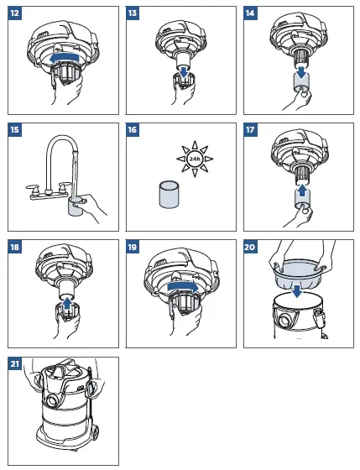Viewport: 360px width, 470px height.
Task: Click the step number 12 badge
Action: click(15, 13)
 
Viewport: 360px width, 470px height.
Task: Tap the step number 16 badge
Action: click(133, 130)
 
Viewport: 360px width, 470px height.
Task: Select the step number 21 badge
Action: click(15, 364)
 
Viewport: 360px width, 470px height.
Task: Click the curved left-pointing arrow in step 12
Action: click(64, 58)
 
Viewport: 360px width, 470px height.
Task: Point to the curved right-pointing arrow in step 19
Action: click(183, 287)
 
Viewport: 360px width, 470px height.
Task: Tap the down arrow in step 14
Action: click(301, 71)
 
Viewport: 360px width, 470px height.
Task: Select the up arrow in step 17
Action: click(302, 190)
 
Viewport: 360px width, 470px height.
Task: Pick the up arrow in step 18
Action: click(68, 303)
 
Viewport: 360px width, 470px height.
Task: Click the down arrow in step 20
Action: click(297, 292)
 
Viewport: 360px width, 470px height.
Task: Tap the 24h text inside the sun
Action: click(195, 159)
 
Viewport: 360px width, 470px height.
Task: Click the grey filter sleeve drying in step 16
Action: click(169, 195)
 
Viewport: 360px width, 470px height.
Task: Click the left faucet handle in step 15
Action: click(32, 188)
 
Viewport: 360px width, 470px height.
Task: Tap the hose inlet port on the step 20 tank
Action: click(284, 321)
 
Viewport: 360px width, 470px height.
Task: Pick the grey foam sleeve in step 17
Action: click(302, 201)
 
